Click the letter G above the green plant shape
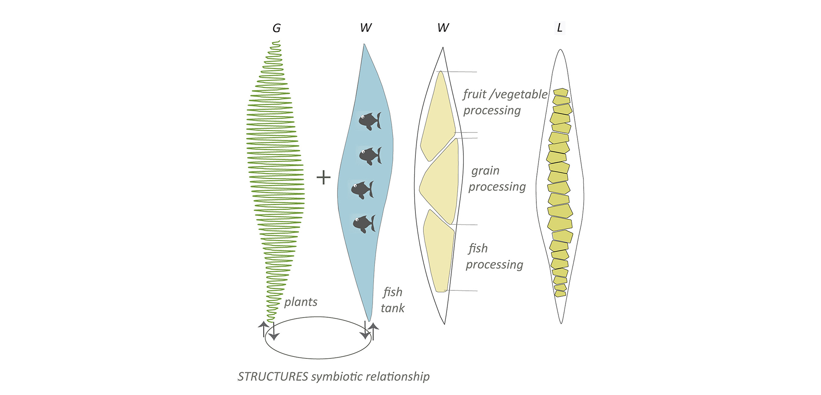[276, 28]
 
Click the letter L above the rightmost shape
[560, 28]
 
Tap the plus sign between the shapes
[323, 177]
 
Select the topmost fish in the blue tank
[370, 121]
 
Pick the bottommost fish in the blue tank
[364, 224]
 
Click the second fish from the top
[370, 156]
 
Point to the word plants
[301, 302]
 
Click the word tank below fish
[392, 308]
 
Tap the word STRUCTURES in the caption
[273, 377]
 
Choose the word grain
[485, 171]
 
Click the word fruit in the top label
[475, 94]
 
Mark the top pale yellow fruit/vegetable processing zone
[438, 117]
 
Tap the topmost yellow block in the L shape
[560, 92]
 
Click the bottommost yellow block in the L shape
[560, 294]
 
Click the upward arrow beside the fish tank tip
[374, 331]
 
